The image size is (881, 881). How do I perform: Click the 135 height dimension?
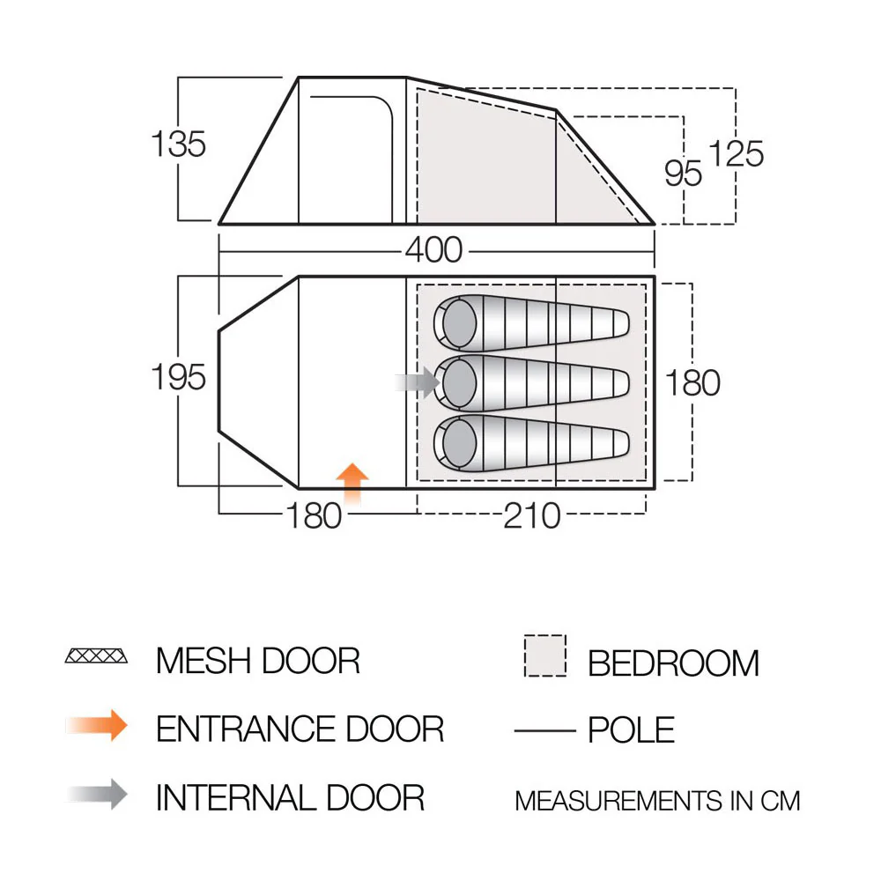click(x=179, y=144)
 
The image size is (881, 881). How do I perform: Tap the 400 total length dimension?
click(x=433, y=250)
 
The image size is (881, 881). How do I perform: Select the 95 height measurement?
click(x=683, y=173)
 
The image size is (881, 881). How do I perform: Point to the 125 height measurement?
click(x=736, y=153)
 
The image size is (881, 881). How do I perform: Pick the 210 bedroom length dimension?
click(x=531, y=515)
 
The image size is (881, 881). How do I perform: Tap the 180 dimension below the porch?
click(x=314, y=515)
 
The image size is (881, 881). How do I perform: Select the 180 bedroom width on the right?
click(x=692, y=383)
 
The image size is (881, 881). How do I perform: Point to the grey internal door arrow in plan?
click(x=418, y=382)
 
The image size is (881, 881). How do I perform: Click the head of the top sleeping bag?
click(x=459, y=323)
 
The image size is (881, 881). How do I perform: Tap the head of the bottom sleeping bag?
click(x=459, y=443)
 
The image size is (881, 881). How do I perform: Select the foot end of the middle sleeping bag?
click(x=618, y=383)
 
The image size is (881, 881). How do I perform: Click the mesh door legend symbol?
click(x=96, y=655)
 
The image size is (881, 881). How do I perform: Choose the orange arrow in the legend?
click(x=97, y=725)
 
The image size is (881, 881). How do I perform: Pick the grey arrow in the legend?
click(x=97, y=794)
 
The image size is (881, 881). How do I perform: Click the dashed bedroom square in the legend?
click(x=545, y=655)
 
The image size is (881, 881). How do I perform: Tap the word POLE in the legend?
click(x=631, y=729)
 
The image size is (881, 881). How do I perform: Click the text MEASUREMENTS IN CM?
click(x=657, y=801)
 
